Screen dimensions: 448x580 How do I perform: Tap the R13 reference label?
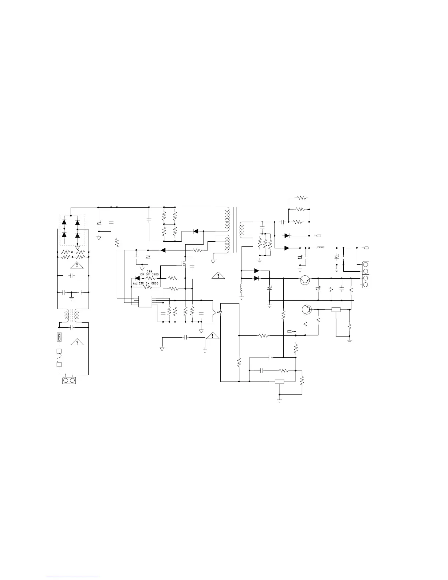[x=135, y=284]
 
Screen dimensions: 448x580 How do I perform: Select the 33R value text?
[x=142, y=284]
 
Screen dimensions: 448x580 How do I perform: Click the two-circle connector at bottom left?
[x=69, y=381]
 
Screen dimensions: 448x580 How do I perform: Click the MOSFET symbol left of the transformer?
[x=184, y=263]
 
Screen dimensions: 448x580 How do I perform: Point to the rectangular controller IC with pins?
[x=145, y=302]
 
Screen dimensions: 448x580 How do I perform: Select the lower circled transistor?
[x=307, y=309]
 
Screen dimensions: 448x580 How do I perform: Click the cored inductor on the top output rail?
[x=321, y=248]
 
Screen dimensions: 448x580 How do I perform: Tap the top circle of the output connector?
[x=366, y=265]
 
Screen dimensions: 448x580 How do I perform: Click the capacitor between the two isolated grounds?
[x=185, y=338]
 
